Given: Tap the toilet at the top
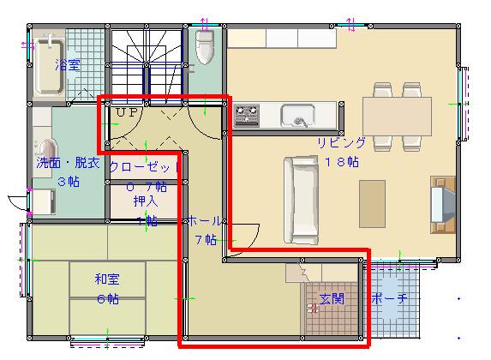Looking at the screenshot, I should pyautogui.click(x=204, y=47).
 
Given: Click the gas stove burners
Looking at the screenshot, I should pyautogui.click(x=247, y=114).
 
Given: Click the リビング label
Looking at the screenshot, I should pyautogui.click(x=342, y=144).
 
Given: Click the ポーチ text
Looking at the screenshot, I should pyautogui.click(x=389, y=298).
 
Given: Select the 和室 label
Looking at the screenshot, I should pyautogui.click(x=107, y=278).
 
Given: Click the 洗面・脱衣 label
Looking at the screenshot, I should pyautogui.click(x=68, y=163).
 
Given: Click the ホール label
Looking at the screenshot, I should pyautogui.click(x=205, y=220).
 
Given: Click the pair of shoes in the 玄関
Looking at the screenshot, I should pyautogui.click(x=314, y=309).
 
